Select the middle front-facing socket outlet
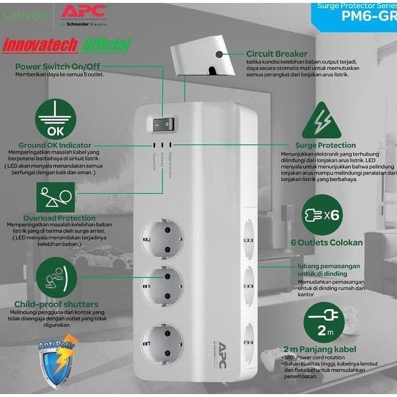(x=162, y=283)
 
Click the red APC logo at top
(x=83, y=11)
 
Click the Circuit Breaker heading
(x=277, y=54)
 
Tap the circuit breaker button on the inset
(x=219, y=55)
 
